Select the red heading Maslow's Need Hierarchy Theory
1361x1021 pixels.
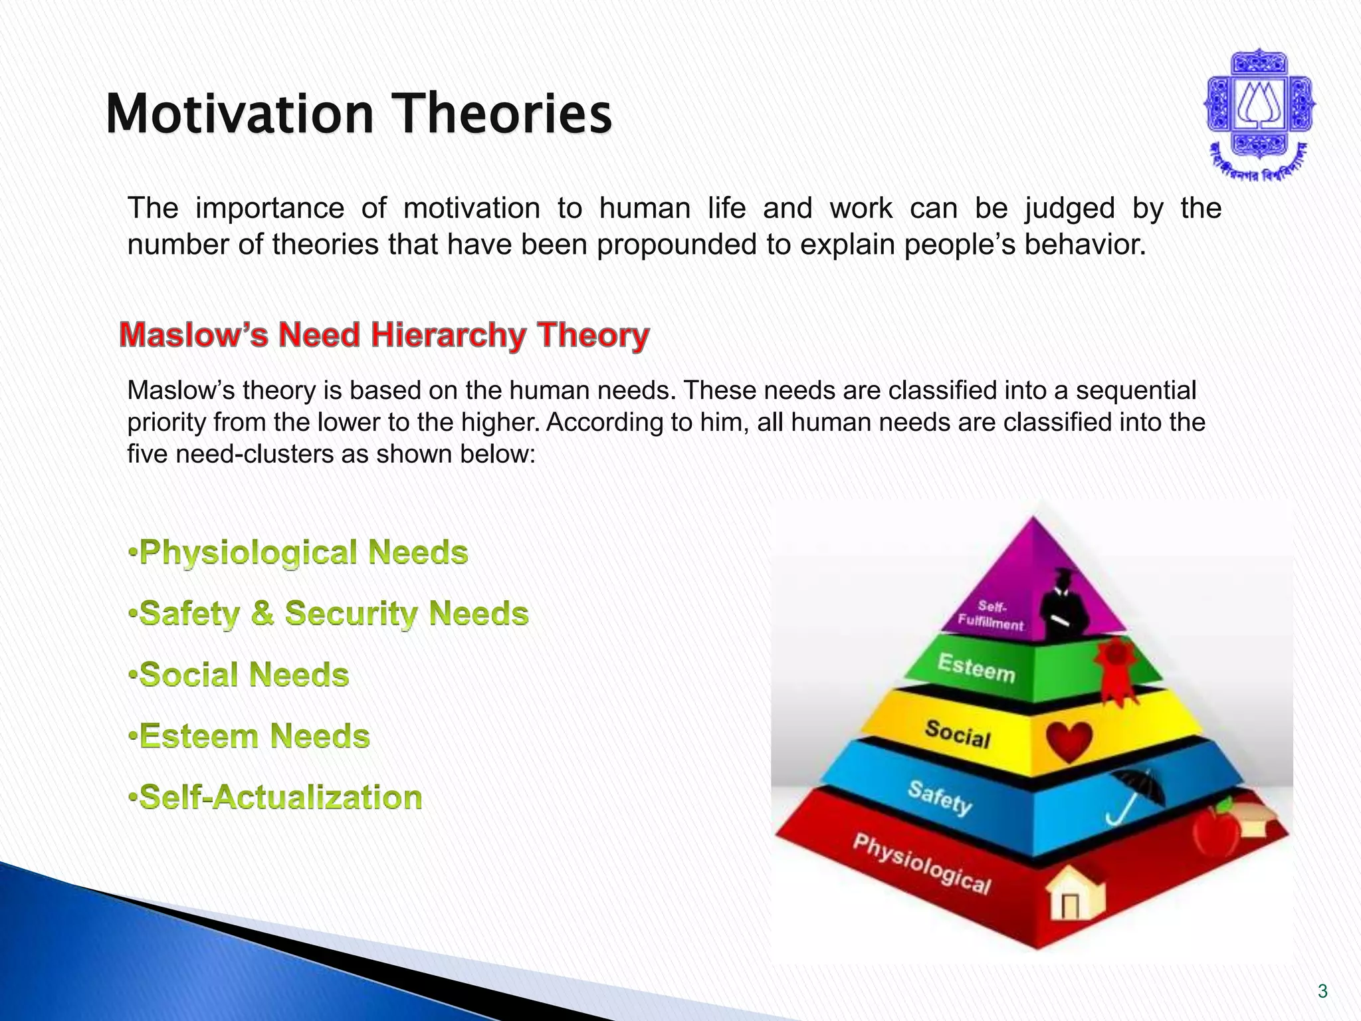click(384, 334)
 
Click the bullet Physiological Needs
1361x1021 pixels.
click(299, 552)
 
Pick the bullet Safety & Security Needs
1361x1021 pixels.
click(329, 613)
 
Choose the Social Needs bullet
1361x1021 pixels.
click(239, 675)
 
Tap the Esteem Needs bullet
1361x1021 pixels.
click(249, 736)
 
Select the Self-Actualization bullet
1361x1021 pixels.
click(276, 797)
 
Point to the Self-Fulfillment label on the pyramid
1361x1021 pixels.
click(991, 616)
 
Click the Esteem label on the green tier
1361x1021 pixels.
click(976, 667)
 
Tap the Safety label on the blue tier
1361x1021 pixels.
click(940, 797)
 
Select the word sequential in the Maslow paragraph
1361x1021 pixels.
click(1135, 390)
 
